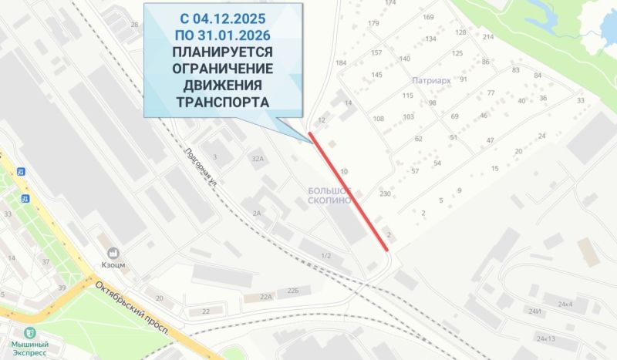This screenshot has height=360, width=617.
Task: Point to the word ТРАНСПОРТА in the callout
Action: (x=223, y=102)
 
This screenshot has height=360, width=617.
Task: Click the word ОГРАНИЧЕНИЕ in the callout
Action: (x=223, y=68)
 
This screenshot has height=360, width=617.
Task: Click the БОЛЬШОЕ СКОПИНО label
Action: (x=329, y=193)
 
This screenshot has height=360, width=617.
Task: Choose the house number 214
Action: (x=487, y=37)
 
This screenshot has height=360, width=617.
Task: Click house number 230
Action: (x=385, y=194)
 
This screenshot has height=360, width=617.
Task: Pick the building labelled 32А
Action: (x=257, y=158)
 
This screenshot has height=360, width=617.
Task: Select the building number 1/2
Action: (x=325, y=255)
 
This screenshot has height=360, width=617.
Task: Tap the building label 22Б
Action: (x=292, y=291)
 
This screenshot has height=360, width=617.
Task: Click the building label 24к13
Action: (x=546, y=338)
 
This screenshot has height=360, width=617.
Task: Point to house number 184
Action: (x=341, y=62)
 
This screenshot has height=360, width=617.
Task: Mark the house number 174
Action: (x=389, y=3)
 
